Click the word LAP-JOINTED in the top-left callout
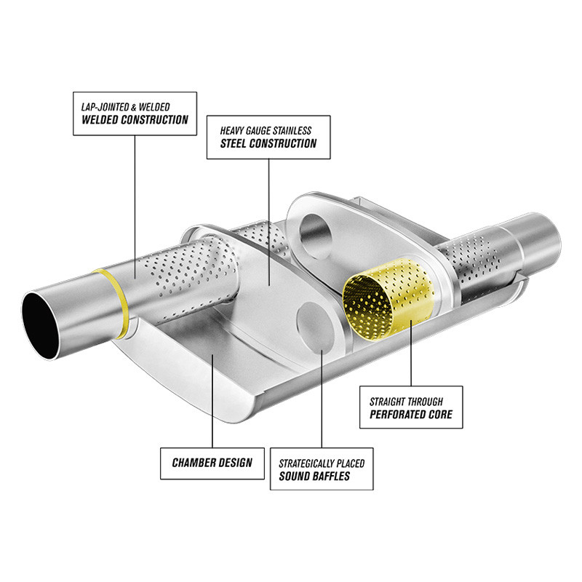tap(105, 107)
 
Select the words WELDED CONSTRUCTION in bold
tap(135, 120)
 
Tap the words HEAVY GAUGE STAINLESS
tap(266, 131)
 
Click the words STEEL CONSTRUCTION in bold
tap(268, 143)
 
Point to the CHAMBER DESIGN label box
tap(212, 463)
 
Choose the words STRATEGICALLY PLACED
tap(322, 463)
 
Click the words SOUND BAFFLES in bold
tap(314, 477)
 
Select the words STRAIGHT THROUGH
tap(406, 402)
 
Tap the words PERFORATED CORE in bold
tap(411, 415)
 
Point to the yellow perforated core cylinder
tap(388, 299)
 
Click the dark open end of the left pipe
tap(40, 325)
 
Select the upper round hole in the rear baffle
tap(315, 236)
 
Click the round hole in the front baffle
tap(315, 327)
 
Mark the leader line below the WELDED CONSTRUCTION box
tap(135, 207)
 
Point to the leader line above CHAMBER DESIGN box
tap(212, 401)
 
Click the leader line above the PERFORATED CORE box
tap(411, 354)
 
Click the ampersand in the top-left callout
tap(134, 108)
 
